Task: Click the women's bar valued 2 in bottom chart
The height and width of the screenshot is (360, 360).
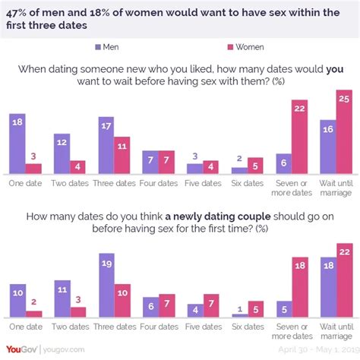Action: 35,312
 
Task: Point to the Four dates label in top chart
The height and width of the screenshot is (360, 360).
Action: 159,183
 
